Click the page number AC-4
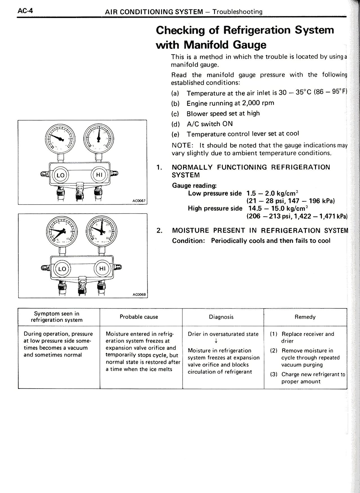pos(25,11)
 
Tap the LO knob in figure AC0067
pos(60,175)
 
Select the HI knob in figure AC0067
pos(99,175)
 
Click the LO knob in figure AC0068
pos(62,269)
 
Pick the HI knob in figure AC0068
pos(102,268)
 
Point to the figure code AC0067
pos(139,201)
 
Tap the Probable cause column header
pos(139,317)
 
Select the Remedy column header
pos(305,317)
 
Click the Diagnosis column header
pos(221,317)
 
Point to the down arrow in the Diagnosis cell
pos(216,341)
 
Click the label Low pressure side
pos(215,193)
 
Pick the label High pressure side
pos(215,208)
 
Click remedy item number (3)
pos(274,374)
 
